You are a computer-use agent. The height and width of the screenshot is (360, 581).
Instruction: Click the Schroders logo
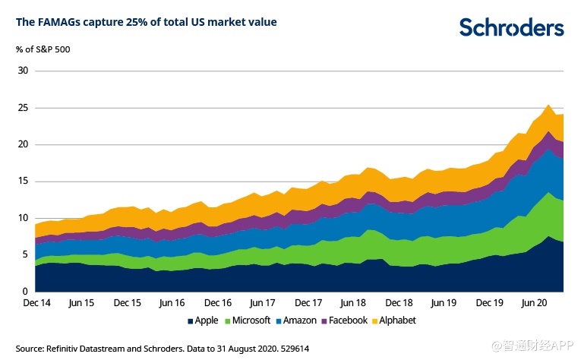[x=511, y=27]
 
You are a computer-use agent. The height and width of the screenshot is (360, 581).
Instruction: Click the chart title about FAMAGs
[x=146, y=23]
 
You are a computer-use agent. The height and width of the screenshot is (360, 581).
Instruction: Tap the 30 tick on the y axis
[x=23, y=71]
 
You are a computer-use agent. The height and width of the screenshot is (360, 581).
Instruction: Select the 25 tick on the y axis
[x=23, y=108]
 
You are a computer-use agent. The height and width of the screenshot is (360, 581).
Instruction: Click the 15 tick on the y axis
[x=23, y=181]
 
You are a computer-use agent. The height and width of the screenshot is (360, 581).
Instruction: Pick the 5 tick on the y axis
[x=25, y=254]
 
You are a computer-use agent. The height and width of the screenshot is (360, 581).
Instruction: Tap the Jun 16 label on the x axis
[x=172, y=302]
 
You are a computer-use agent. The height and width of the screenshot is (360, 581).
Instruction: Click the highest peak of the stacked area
[x=548, y=105]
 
